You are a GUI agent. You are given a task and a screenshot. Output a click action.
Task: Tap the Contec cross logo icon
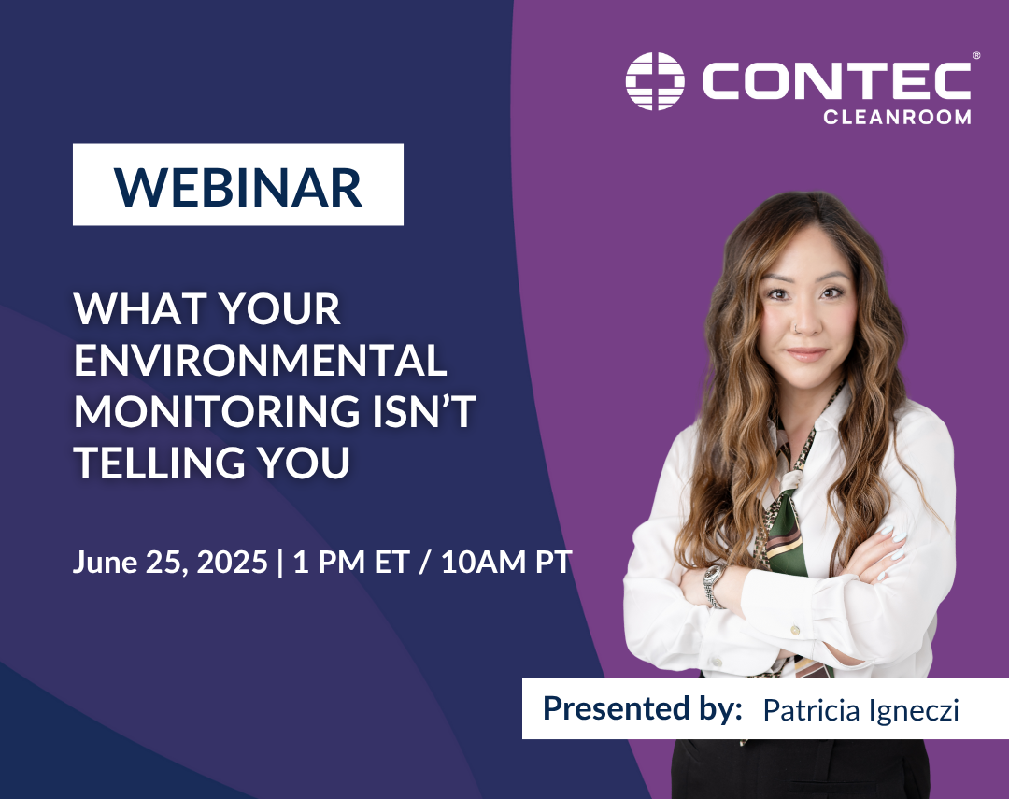655,80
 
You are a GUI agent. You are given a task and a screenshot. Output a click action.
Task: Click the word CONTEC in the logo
836,80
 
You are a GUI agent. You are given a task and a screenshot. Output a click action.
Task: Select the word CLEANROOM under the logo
896,117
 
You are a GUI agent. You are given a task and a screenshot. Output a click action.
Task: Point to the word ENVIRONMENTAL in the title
260,362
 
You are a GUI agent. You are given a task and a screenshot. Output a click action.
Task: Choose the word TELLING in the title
163,464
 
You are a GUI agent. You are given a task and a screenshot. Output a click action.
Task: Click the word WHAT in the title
130,310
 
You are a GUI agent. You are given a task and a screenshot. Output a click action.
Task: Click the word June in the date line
105,563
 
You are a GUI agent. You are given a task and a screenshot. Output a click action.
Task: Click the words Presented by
642,708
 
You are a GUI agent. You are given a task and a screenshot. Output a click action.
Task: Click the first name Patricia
806,709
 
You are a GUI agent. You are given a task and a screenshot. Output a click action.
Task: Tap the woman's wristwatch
715,585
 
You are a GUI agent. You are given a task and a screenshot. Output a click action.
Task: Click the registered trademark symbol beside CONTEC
976,56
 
